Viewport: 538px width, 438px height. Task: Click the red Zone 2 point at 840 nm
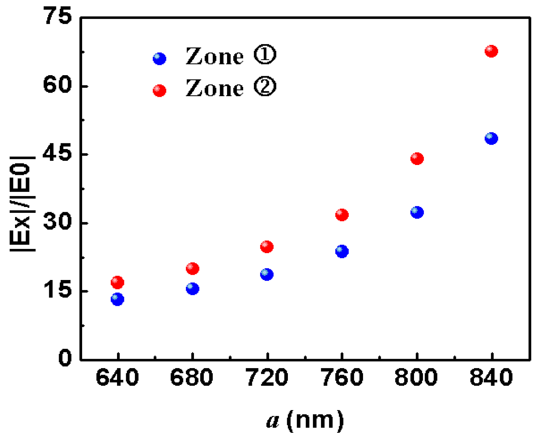pos(491,51)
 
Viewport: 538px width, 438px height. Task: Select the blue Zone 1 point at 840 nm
pos(491,138)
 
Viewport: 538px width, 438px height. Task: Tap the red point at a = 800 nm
pos(417,159)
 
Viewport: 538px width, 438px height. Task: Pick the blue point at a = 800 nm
pos(417,212)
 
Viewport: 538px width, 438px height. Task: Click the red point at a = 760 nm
pos(342,215)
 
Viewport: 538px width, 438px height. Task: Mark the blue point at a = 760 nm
pos(342,251)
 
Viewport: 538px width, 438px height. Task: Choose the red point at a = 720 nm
pos(267,247)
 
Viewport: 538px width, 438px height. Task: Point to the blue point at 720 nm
pos(267,274)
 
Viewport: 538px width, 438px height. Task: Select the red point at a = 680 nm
pos(192,268)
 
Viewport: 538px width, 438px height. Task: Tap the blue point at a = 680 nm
pos(192,289)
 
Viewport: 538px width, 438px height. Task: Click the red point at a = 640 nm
pos(117,282)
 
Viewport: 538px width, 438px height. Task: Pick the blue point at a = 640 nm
pos(117,299)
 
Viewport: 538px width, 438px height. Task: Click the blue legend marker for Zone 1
pos(159,59)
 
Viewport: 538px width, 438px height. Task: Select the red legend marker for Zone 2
pos(159,91)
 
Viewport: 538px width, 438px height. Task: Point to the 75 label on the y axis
pos(58,17)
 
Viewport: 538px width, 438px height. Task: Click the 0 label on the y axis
pos(65,358)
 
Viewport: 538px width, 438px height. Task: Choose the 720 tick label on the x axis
pos(267,378)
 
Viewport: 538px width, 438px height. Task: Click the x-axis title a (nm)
pos(305,420)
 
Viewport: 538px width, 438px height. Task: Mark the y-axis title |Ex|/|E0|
pos(23,203)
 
